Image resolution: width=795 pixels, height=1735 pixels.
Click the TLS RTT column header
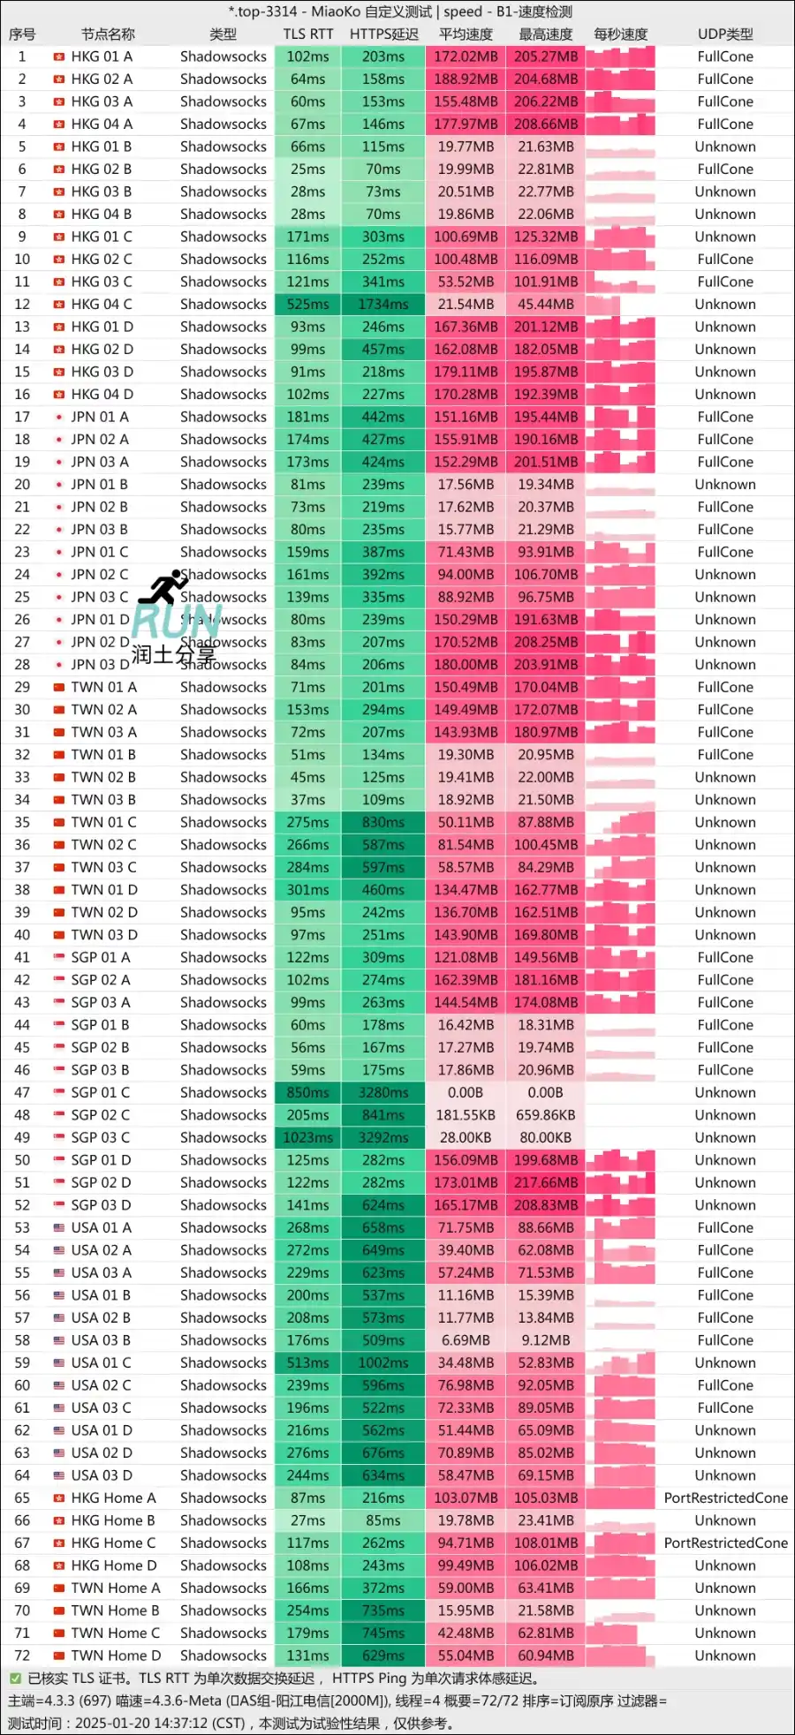point(308,34)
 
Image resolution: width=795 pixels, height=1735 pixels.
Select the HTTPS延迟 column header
point(383,34)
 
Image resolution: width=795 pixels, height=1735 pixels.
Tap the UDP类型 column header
point(725,34)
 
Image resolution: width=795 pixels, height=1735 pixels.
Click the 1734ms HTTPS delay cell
point(383,305)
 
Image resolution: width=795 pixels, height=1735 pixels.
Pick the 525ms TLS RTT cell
point(308,305)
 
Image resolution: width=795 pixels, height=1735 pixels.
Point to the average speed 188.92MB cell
point(466,79)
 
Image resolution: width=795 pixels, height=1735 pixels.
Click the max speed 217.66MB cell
point(546,1183)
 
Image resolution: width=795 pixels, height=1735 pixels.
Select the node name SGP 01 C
point(101,1093)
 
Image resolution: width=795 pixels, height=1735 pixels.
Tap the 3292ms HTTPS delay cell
point(383,1138)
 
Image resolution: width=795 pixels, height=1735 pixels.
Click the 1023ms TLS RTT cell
point(308,1138)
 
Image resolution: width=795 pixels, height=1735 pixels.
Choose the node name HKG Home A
point(113,1498)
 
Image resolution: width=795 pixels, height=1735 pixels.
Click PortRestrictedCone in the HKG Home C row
point(725,1543)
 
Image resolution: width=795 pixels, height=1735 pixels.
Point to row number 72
point(22,1656)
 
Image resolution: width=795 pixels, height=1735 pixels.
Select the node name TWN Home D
point(116,1656)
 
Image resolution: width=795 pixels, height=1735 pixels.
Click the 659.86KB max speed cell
point(546,1115)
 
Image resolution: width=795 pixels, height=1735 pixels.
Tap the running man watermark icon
point(164,587)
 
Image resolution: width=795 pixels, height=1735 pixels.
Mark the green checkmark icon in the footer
point(15,1678)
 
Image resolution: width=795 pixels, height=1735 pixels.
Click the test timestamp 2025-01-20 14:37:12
point(158,1724)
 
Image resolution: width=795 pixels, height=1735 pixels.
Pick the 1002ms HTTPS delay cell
point(383,1363)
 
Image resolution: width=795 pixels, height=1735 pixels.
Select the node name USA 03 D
point(102,1475)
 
